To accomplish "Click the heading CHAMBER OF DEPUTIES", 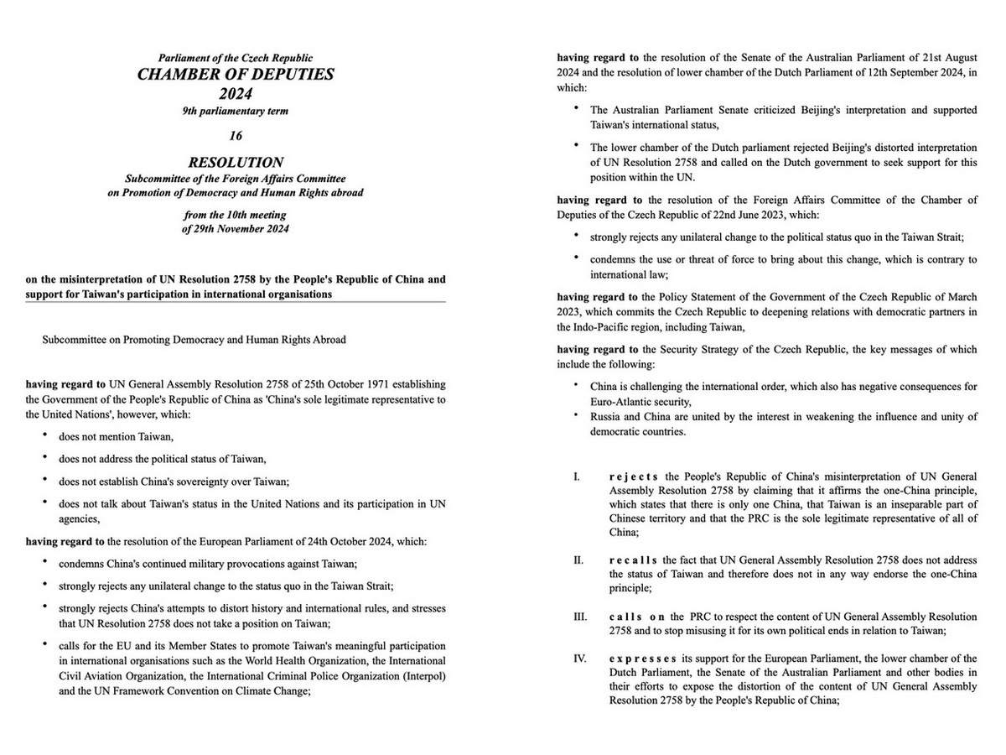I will (236, 75).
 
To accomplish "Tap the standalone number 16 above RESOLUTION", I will (236, 135).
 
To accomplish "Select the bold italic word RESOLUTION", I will (236, 163).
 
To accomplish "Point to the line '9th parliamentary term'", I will (236, 111).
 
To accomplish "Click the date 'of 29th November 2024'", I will (236, 229).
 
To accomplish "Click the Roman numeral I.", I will (577, 476).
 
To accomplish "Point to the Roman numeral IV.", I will (579, 658).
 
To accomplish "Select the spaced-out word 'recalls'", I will (634, 559).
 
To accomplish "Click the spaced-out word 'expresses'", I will (642, 658).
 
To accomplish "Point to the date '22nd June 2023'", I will (795, 214).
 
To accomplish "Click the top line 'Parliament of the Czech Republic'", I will (236, 58).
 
